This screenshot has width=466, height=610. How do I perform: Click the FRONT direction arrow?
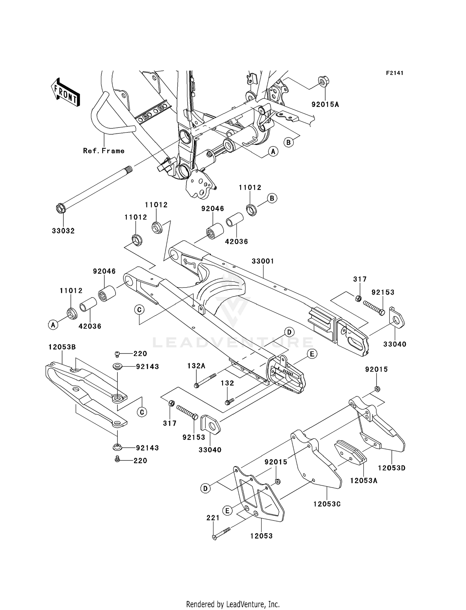click(66, 92)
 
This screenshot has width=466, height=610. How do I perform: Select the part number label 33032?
click(63, 231)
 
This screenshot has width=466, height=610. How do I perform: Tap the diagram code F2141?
click(395, 73)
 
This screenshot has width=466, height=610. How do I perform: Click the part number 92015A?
click(325, 105)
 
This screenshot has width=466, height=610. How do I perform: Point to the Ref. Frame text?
click(104, 151)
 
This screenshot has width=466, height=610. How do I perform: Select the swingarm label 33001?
click(263, 261)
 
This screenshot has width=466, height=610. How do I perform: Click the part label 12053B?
click(62, 347)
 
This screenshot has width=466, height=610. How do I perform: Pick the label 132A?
click(196, 366)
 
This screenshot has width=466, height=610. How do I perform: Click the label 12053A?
click(364, 481)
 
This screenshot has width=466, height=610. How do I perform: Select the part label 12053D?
click(392, 468)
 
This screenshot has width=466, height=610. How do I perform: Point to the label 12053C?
click(327, 504)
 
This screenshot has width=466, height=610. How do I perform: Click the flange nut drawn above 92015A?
click(324, 82)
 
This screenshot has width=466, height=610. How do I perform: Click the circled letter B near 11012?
click(272, 198)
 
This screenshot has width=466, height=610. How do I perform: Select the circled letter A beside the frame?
click(273, 152)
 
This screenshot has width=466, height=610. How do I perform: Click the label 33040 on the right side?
click(395, 344)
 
